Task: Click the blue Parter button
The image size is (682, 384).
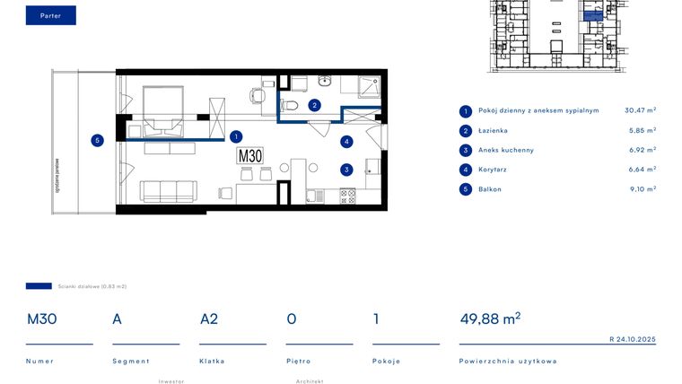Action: (50, 15)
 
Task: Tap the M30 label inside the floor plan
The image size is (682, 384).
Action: (250, 156)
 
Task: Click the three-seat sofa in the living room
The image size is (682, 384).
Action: (168, 191)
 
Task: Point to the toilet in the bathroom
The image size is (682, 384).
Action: (290, 105)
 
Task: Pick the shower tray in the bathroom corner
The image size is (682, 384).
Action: (369, 86)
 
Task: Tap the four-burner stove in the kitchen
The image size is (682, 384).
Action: (347, 194)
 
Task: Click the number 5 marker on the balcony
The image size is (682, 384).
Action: (97, 139)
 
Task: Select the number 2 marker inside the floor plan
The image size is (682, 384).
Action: (314, 105)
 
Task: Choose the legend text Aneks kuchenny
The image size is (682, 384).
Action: (505, 150)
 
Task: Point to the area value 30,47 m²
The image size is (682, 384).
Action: (640, 110)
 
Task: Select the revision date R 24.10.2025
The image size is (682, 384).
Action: (633, 339)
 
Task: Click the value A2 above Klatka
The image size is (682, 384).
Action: (209, 319)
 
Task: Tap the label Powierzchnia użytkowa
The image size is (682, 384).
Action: (508, 361)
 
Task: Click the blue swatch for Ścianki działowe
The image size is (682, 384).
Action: (39, 286)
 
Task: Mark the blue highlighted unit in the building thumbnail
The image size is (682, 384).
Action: (593, 15)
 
